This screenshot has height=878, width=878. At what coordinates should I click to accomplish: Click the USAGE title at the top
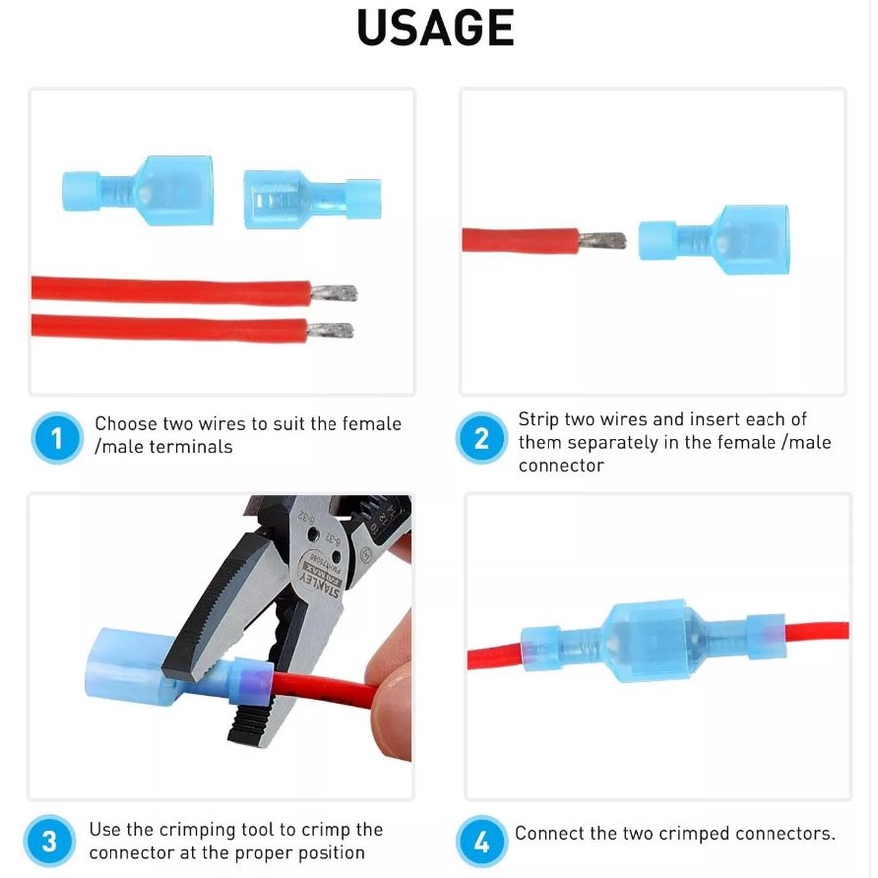[435, 28]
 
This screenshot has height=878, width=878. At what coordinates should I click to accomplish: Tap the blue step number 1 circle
[57, 438]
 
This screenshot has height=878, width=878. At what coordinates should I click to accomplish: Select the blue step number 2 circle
[481, 438]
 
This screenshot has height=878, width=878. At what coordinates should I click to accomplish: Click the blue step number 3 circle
[50, 841]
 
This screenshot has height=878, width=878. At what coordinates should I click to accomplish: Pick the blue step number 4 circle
[481, 841]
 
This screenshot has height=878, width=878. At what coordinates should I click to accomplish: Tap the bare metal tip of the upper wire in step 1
[333, 293]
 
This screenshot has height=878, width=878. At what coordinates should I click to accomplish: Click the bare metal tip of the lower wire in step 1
[330, 330]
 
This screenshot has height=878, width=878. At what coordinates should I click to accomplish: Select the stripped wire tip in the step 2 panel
[602, 241]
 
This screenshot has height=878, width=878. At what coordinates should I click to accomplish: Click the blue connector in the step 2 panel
[715, 240]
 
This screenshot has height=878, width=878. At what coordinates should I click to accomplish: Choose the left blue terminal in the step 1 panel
[137, 191]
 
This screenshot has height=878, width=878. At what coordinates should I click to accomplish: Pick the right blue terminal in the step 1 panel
[313, 199]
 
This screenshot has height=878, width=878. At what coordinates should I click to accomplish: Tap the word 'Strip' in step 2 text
[539, 419]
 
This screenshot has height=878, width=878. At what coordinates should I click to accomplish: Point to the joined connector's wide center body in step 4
[652, 642]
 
